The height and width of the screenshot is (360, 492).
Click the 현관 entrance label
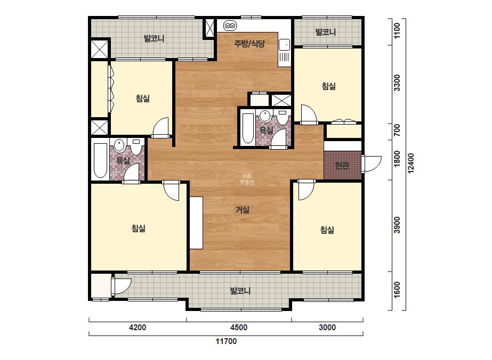click(342, 165)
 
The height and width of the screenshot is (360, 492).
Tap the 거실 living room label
click(243, 210)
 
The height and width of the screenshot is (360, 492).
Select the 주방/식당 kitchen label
click(249, 44)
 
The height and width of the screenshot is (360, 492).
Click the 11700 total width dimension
click(226, 341)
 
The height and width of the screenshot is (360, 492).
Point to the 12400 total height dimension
click(411, 163)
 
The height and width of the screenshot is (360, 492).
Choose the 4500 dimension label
click(239, 328)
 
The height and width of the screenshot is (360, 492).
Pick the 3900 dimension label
click(397, 225)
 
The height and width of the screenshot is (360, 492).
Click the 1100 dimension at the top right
click(397, 31)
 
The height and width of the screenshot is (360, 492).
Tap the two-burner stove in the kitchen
click(230, 26)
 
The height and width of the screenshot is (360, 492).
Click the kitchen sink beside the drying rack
click(284, 45)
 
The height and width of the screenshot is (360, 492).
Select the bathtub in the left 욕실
click(100, 160)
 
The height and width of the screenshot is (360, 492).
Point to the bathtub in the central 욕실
click(248, 128)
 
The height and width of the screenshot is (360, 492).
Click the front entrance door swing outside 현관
click(371, 164)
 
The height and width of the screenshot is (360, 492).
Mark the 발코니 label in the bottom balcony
click(240, 291)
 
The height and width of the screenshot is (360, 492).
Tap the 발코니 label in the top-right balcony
click(325, 32)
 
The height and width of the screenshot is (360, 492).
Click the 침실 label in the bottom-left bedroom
click(139, 228)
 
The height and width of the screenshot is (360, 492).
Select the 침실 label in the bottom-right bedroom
click(327, 230)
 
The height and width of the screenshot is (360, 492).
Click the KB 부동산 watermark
click(247, 179)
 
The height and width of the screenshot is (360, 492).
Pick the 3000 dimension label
click(327, 328)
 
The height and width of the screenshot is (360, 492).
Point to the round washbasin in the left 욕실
click(119, 145)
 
